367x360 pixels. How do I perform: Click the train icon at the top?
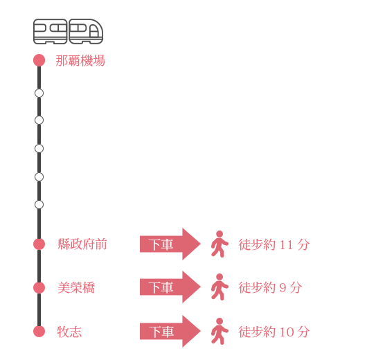[x=68, y=31]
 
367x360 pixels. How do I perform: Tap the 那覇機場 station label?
[x=80, y=61]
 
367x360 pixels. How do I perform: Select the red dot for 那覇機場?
[x=39, y=60]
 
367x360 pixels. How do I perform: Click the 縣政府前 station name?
[x=82, y=244]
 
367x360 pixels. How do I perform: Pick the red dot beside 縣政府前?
[x=39, y=244]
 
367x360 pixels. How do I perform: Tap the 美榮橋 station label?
[x=76, y=288]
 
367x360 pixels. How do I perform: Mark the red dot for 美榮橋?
[x=39, y=288]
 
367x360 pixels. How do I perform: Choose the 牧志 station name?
[x=69, y=332]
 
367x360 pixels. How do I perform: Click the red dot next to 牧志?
[x=39, y=331]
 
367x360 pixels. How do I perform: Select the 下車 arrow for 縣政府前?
[x=170, y=244]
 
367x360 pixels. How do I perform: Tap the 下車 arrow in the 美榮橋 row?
[x=170, y=287]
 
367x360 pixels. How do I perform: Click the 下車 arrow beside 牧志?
[x=170, y=331]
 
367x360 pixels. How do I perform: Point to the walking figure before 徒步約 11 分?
[x=220, y=244]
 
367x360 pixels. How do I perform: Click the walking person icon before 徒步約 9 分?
[x=220, y=287]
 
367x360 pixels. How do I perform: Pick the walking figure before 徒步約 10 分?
[x=220, y=331]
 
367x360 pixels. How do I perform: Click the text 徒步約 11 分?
[x=274, y=244]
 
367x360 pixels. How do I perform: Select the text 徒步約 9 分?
[x=270, y=287]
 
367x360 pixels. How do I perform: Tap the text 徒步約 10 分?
[x=274, y=332]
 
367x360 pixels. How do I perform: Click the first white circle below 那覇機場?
[x=39, y=93]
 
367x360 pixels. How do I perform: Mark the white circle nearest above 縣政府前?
[x=39, y=205]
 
